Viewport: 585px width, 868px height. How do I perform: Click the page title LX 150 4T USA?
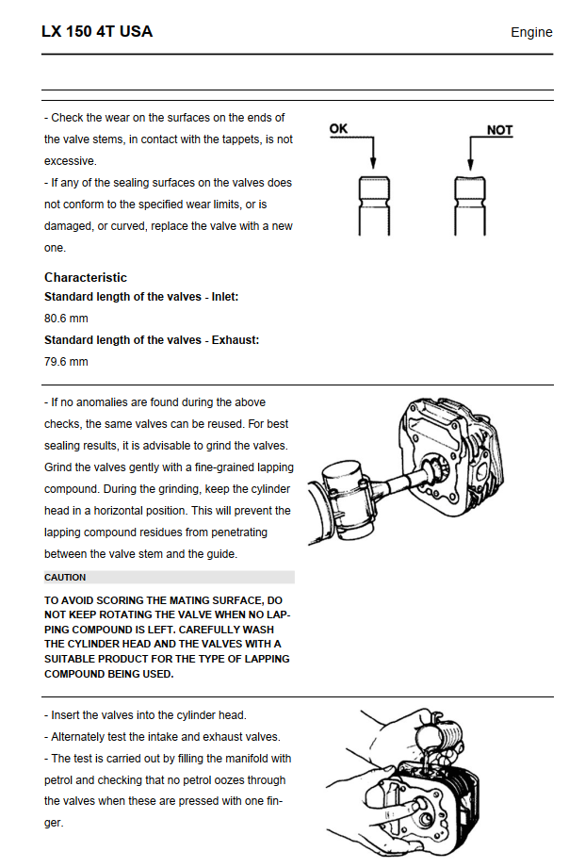pyautogui.click(x=96, y=31)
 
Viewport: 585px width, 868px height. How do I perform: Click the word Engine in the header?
pyautogui.click(x=531, y=32)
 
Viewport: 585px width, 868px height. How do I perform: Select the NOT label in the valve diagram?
pyautogui.click(x=499, y=130)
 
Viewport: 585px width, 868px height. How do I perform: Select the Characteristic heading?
pyautogui.click(x=86, y=277)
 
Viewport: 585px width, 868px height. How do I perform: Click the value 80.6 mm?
pyautogui.click(x=66, y=319)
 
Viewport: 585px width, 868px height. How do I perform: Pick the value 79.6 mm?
pyautogui.click(x=66, y=362)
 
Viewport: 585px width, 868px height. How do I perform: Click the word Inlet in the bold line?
pyautogui.click(x=222, y=297)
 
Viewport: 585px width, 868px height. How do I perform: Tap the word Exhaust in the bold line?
pyautogui.click(x=232, y=340)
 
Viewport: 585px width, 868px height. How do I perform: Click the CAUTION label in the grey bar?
pyautogui.click(x=65, y=577)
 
